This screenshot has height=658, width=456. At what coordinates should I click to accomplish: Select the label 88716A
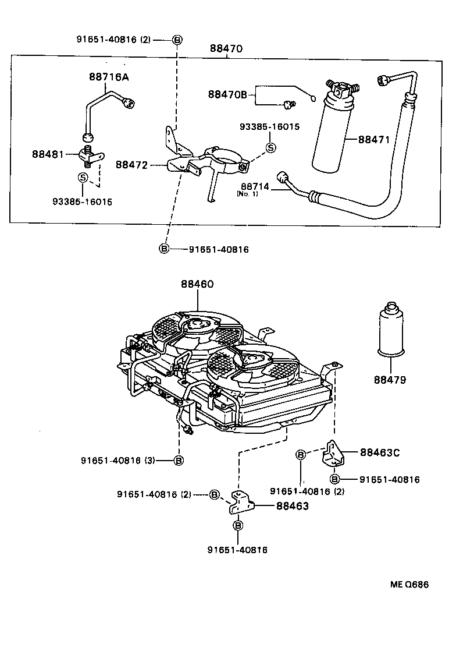109,76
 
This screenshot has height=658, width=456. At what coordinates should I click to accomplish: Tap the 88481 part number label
48,154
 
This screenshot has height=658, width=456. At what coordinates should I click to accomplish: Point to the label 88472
132,165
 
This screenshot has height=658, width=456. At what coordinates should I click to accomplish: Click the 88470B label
228,94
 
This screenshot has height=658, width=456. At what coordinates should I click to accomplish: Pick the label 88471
375,140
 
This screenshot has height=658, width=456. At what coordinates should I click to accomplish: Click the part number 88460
197,285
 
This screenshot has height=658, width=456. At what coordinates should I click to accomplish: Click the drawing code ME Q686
407,585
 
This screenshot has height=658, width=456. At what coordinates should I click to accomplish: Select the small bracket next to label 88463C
334,453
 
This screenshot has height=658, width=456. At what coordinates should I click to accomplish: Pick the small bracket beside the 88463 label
240,503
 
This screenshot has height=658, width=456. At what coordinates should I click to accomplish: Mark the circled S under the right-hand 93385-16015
270,148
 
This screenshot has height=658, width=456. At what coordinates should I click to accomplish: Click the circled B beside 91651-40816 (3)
179,460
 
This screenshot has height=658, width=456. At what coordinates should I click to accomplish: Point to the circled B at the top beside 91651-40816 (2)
177,40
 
